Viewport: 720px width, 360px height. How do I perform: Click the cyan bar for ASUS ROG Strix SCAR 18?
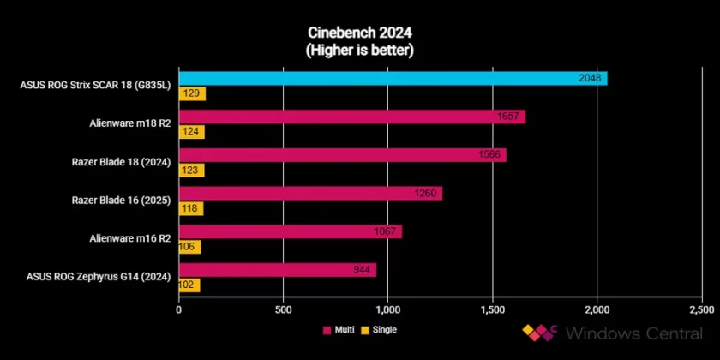393,79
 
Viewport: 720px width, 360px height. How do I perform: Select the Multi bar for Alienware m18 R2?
351,117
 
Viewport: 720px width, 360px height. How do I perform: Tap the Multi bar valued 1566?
342,155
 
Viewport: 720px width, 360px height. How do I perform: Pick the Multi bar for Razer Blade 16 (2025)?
310,193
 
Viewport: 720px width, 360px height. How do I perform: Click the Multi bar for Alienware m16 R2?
290,231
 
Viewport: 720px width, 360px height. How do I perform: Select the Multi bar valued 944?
277,270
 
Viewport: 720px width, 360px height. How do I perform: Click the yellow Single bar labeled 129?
192,93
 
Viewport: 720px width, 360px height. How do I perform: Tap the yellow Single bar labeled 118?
191,208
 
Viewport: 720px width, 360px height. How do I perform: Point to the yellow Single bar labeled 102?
189,285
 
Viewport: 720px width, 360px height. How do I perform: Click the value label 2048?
591,79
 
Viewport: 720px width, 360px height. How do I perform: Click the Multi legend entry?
340,329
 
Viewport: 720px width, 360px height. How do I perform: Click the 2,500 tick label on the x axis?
701,309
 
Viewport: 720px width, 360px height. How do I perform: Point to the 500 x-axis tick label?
283,309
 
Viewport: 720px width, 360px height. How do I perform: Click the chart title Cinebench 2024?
360,33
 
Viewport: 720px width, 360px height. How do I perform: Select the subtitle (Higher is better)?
360,51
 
